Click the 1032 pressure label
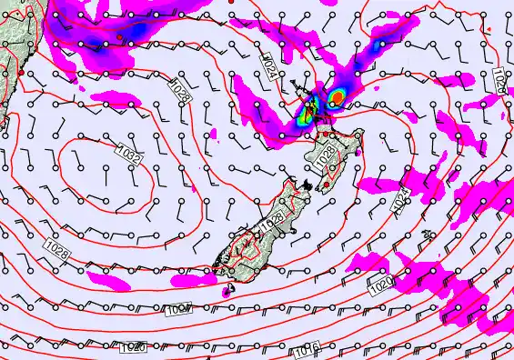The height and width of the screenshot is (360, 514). (x=130, y=156)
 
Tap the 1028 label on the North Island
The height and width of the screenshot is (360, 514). (x=326, y=156)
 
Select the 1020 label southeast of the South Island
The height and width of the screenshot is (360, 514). (x=381, y=285)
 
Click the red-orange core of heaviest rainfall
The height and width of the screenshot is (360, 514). (x=338, y=96)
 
